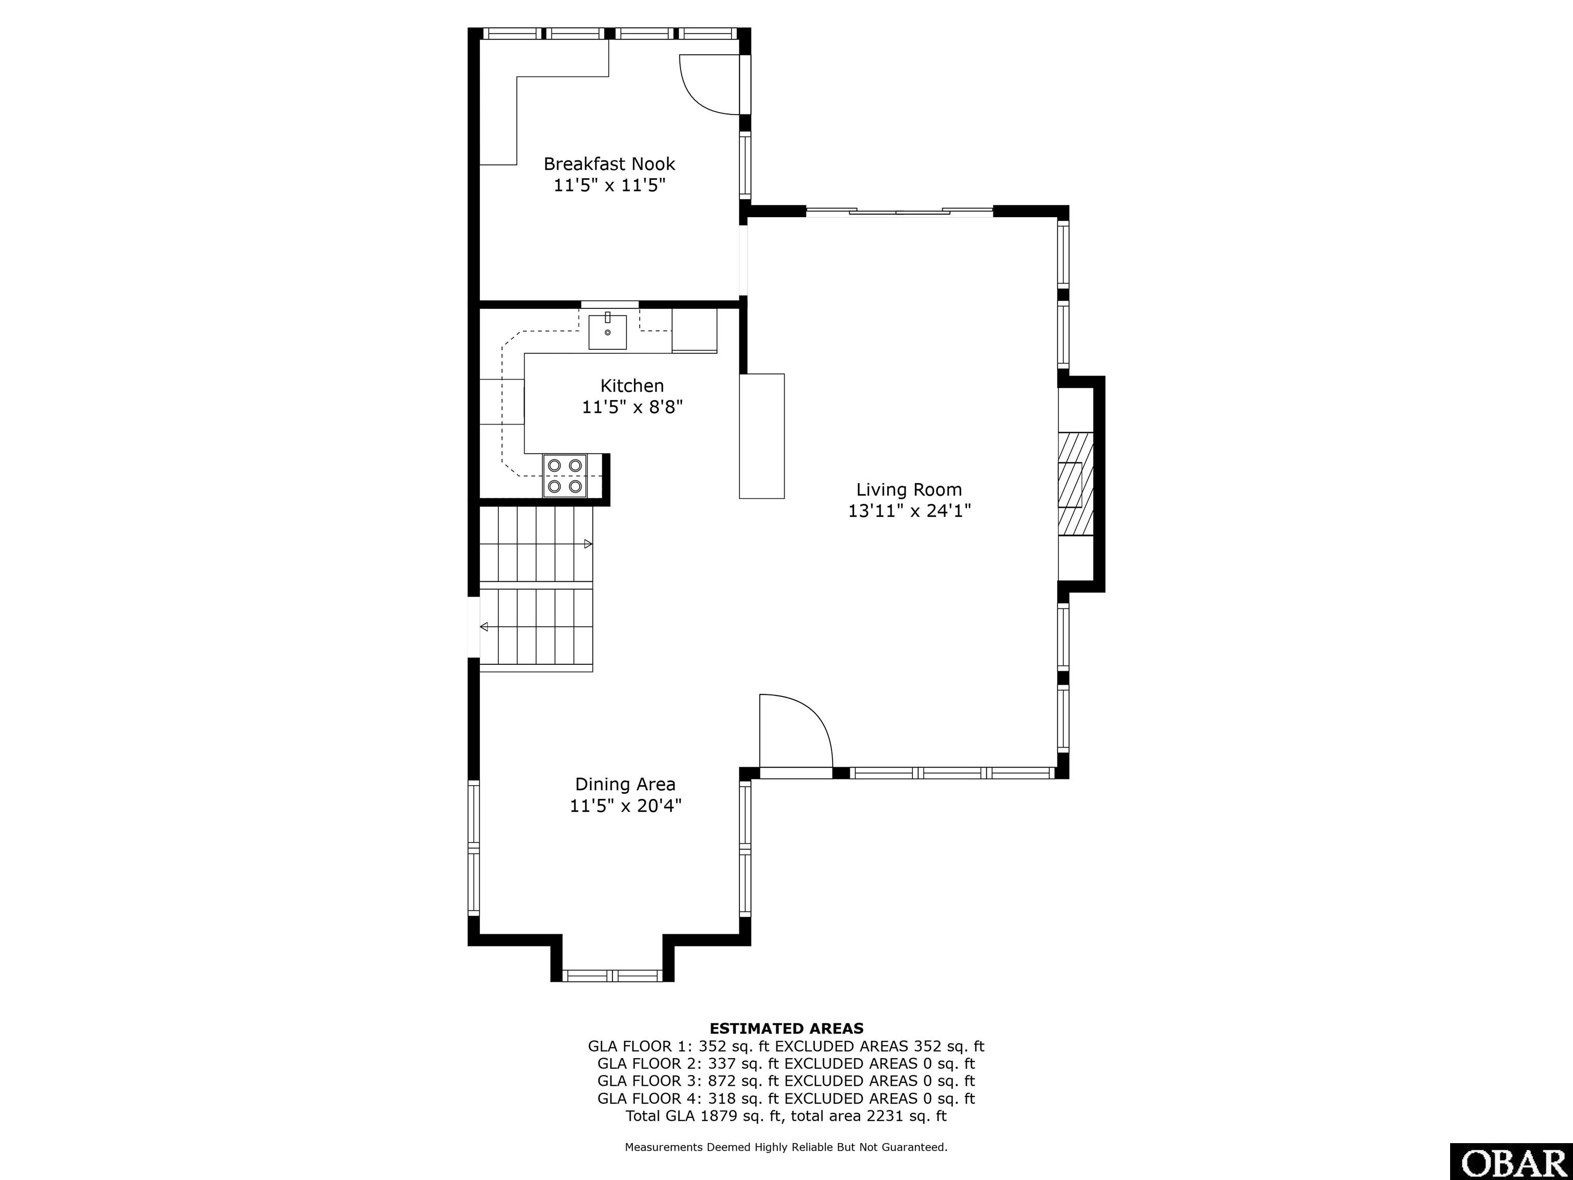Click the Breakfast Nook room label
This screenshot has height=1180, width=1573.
[x=609, y=163]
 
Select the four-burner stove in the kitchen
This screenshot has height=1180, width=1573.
[x=565, y=475]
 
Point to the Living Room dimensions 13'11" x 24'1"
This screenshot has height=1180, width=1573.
[x=909, y=511]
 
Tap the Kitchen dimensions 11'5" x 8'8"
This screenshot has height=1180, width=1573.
[x=632, y=407]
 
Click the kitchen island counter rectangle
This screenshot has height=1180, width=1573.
[x=761, y=436]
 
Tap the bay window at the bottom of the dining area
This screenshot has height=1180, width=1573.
[x=612, y=975]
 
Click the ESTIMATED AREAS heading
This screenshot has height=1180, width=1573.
[x=786, y=1028]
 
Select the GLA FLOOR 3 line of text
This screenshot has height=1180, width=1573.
[x=786, y=1081]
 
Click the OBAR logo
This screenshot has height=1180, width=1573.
[x=1511, y=1162]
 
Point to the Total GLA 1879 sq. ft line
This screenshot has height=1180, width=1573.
[x=786, y=1115]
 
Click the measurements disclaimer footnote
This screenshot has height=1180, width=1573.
[x=786, y=1147]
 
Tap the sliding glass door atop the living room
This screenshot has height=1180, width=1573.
[x=900, y=211]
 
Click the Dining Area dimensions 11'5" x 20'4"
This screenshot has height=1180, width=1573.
[x=626, y=806]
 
